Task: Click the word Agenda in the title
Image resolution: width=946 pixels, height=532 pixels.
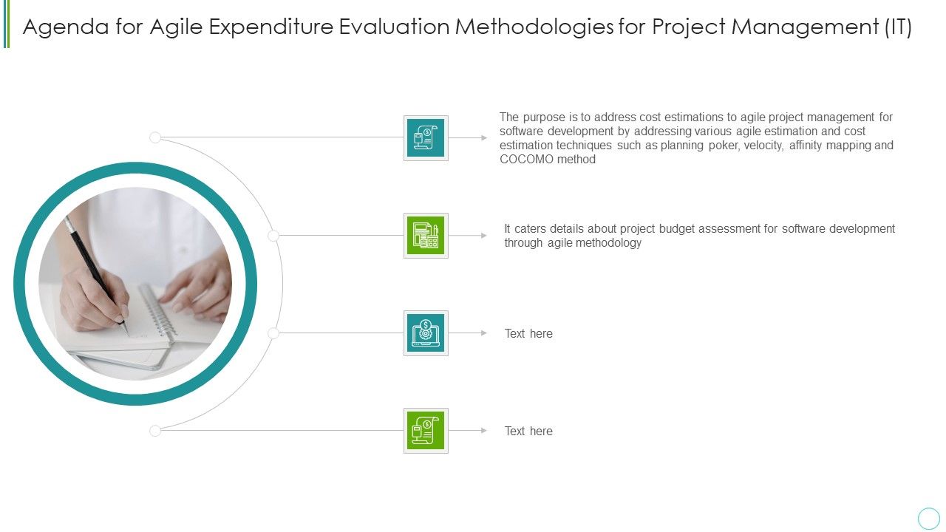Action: tap(61, 27)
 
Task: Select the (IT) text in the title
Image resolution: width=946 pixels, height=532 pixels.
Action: tap(897, 27)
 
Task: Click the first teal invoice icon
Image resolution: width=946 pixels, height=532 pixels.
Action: tap(426, 137)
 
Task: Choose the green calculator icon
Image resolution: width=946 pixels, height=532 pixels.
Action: tap(426, 236)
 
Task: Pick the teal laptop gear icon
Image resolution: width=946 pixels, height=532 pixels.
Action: tap(426, 333)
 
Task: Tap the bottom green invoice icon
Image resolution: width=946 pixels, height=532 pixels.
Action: tap(426, 431)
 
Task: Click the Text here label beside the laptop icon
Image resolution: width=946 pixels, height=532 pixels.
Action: tap(528, 334)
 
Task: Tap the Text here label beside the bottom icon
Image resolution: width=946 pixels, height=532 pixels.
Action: tap(528, 432)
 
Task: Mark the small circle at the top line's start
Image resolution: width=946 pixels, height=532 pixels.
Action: tap(155, 137)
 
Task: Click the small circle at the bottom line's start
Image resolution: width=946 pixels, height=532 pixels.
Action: tap(155, 431)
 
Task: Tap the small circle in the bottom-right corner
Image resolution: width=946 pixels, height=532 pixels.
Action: tap(928, 518)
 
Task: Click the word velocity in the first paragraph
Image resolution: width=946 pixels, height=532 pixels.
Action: tap(763, 146)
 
